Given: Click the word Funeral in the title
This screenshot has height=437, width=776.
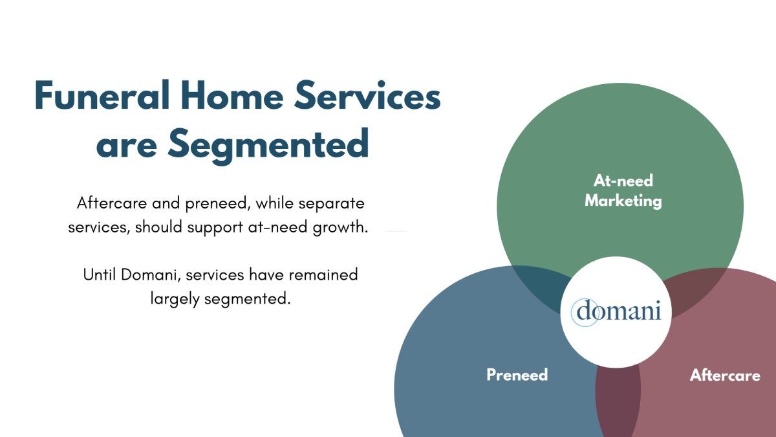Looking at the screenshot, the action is coord(103,95).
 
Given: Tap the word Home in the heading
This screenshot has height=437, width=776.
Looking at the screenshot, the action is coord(232,95).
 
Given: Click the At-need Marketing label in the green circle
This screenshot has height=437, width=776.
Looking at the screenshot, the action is coord(623,191).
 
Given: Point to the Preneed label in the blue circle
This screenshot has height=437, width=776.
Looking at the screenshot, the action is coord(517,375).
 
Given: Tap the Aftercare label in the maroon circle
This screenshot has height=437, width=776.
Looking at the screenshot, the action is coord(725,375).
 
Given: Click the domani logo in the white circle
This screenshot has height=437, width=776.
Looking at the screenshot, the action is coord(616,311).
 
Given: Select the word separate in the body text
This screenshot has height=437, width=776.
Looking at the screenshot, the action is coord(331,203).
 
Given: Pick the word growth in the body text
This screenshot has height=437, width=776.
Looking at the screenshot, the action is coord(340,228).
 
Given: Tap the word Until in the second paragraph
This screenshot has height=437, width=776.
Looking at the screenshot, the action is coord(99,275).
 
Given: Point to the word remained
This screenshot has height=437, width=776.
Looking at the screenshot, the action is coord(323,275).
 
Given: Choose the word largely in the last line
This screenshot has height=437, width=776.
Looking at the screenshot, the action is coord(175,299).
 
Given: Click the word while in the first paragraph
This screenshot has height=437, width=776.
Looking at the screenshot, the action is coord(275,203).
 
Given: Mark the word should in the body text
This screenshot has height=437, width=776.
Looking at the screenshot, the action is coord(158,227).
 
